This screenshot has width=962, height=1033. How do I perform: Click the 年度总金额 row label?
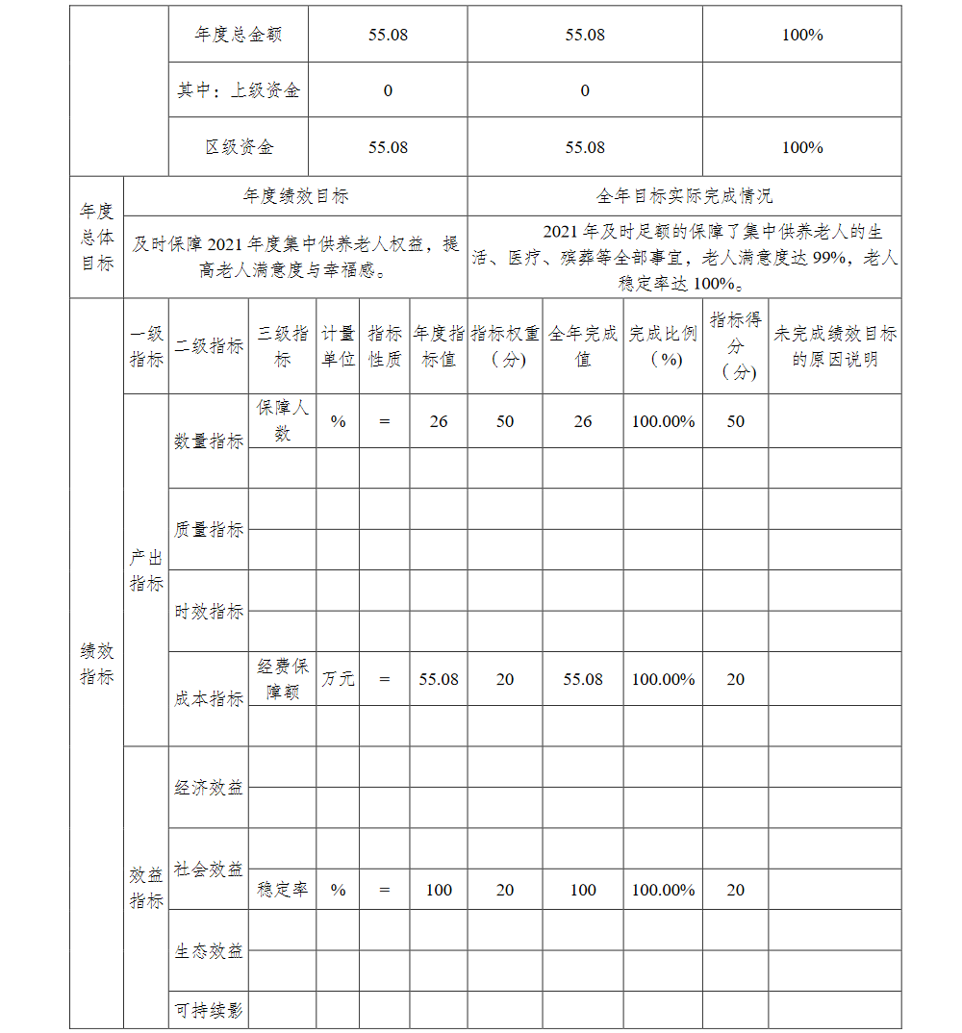coord(238,35)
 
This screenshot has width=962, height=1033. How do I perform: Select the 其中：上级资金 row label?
coord(238,90)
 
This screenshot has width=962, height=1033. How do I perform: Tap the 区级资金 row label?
coord(238,147)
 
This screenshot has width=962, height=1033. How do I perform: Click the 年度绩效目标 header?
coord(295,196)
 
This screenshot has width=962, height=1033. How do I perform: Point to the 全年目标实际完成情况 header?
coord(684,196)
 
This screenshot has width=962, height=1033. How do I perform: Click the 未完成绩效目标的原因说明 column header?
coord(834,346)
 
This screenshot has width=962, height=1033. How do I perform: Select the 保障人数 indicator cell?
coord(282,420)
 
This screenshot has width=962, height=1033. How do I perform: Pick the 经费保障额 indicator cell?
coord(282,679)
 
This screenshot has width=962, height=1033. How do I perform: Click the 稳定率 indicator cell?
coord(282,890)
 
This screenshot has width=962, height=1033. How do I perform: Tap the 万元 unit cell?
coord(338,679)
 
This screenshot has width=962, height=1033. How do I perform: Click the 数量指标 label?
coord(209,441)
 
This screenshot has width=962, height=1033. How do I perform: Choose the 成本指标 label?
coord(209,699)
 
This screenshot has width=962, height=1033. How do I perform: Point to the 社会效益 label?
coord(209,869)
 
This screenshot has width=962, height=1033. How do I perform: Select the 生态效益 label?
coord(209,950)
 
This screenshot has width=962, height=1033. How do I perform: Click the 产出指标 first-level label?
coord(146,570)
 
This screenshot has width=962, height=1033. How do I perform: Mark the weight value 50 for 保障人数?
coord(505,421)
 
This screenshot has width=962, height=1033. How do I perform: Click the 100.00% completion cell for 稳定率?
coord(663,890)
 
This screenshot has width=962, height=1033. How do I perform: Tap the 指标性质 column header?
coord(385,346)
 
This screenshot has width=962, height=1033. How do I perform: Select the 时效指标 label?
coord(209,611)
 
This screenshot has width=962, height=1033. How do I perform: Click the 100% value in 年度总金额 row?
coord(802,35)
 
